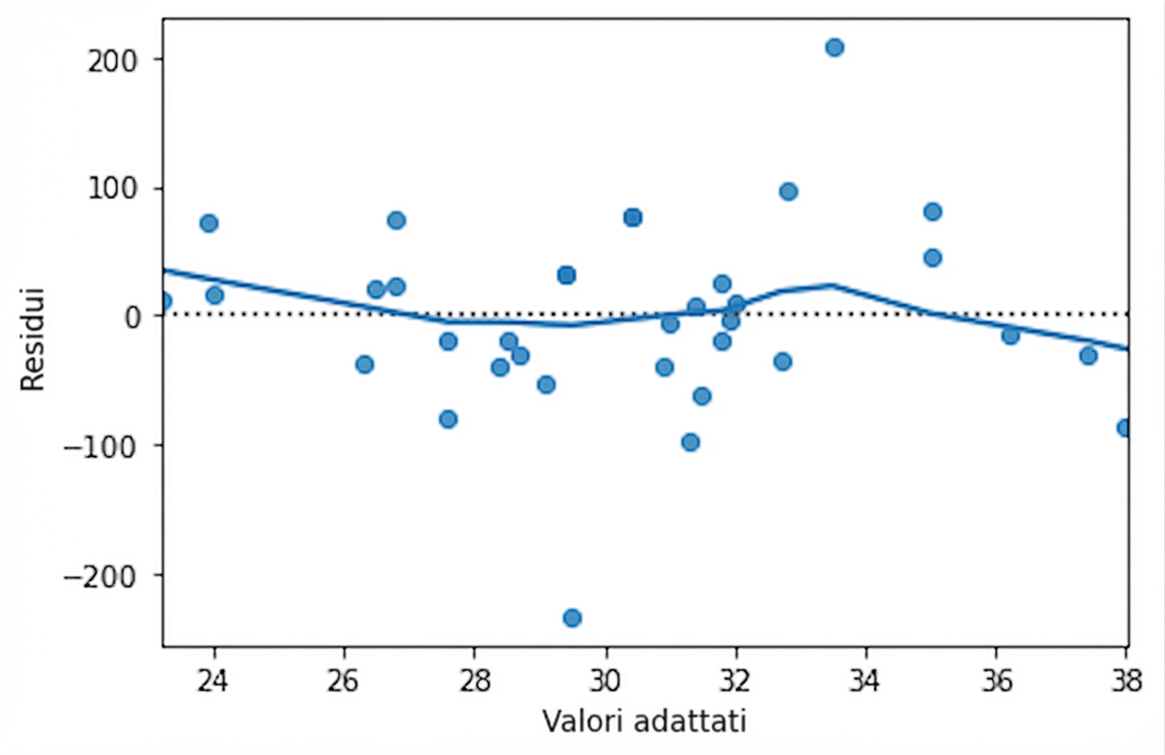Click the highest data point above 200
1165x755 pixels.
pyautogui.click(x=834, y=47)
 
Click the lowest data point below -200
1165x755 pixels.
pyautogui.click(x=572, y=618)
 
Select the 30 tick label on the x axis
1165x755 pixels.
pyautogui.click(x=606, y=679)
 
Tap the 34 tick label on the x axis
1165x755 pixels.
pyautogui.click(x=866, y=679)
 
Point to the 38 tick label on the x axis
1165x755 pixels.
pyautogui.click(x=1126, y=679)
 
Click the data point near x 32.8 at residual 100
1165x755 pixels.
pyautogui.click(x=788, y=191)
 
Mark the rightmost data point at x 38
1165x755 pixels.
pyautogui.click(x=1124, y=427)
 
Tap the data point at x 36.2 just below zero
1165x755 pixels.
pyautogui.click(x=1010, y=336)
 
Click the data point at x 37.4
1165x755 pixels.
pyautogui.click(x=1088, y=356)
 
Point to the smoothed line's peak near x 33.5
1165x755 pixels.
pyautogui.click(x=832, y=285)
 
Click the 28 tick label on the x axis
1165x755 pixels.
pyautogui.click(x=475, y=679)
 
